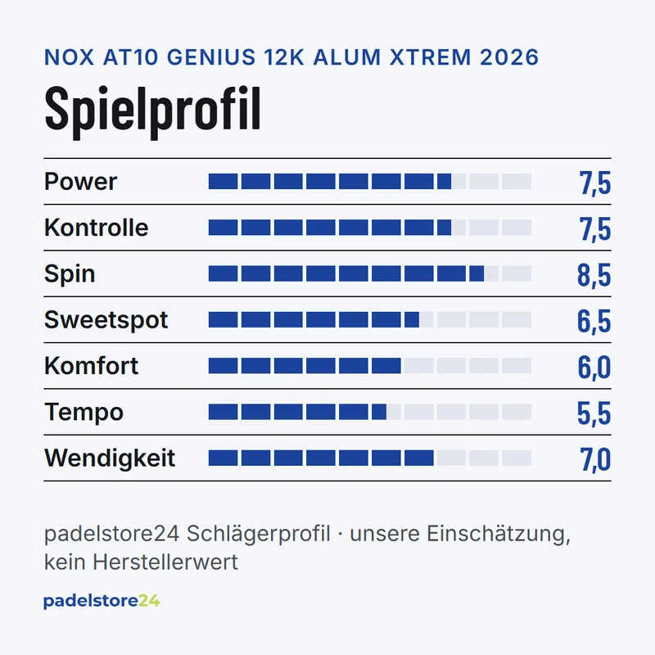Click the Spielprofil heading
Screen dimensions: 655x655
pyautogui.click(x=152, y=111)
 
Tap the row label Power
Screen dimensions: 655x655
pyautogui.click(x=80, y=182)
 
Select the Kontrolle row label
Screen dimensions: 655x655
pyautogui.click(x=96, y=228)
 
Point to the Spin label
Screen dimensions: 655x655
pyautogui.click(x=70, y=274)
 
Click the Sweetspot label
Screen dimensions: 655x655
pyautogui.click(x=106, y=320)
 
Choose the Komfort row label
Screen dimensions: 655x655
pyautogui.click(x=91, y=366)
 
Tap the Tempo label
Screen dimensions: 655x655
pyautogui.click(x=84, y=413)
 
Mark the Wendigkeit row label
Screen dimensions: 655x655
pyautogui.click(x=110, y=458)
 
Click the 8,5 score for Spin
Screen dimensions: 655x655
pyautogui.click(x=594, y=275)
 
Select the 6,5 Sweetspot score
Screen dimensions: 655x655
pyautogui.click(x=594, y=321)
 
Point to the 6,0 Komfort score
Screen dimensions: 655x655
pyautogui.click(x=594, y=367)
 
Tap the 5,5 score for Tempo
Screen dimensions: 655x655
pyautogui.click(x=594, y=413)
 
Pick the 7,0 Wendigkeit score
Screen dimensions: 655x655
pyautogui.click(x=595, y=459)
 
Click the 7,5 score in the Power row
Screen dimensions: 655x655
pyautogui.click(x=595, y=183)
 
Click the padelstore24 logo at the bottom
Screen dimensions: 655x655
pyautogui.click(x=102, y=602)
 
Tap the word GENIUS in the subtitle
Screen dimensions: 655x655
pyautogui.click(x=211, y=57)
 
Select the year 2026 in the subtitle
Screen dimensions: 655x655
pyautogui.click(x=509, y=57)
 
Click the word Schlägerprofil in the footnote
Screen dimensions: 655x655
pyautogui.click(x=258, y=534)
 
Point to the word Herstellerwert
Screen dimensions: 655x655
pyautogui.click(x=165, y=562)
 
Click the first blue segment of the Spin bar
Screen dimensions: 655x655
pyautogui.click(x=223, y=273)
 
